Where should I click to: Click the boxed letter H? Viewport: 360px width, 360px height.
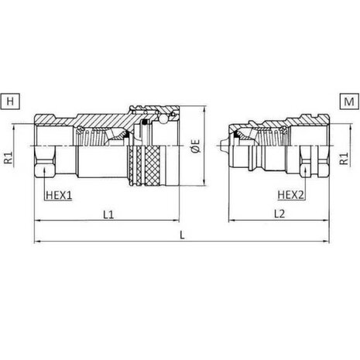(10, 101)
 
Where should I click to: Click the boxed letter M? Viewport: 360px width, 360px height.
(349, 101)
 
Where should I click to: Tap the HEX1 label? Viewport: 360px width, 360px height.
(59, 195)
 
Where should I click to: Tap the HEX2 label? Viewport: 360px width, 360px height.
(291, 195)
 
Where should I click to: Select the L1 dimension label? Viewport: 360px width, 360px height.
(108, 214)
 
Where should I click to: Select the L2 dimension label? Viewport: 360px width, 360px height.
(279, 214)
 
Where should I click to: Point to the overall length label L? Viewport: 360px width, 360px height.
(182, 235)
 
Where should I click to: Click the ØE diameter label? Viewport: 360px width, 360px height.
(196, 146)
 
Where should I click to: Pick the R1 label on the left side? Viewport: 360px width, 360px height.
(9, 158)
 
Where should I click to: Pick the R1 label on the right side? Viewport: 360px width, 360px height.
(344, 158)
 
